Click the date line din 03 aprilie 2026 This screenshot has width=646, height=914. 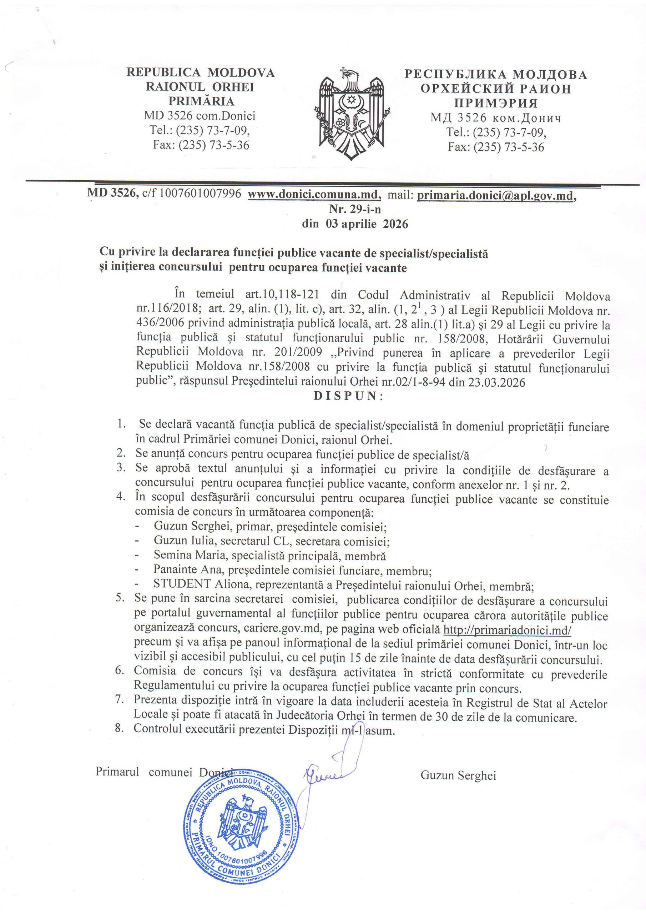pos(355,224)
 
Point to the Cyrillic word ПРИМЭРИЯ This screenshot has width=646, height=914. pos(495,104)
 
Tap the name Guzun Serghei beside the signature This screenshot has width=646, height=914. pos(458,775)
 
